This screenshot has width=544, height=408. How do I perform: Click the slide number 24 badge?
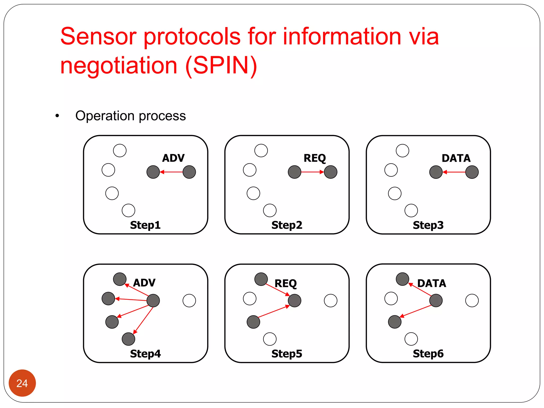[22, 383]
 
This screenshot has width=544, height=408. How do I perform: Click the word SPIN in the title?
[221, 66]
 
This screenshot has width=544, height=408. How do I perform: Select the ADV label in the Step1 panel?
[173, 158]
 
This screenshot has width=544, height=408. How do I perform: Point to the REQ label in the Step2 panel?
[315, 158]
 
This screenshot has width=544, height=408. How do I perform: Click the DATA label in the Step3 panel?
[456, 158]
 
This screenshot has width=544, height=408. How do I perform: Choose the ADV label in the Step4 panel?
[144, 283]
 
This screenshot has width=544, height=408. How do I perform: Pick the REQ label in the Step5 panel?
[286, 283]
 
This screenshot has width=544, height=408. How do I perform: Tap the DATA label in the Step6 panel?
[432, 283]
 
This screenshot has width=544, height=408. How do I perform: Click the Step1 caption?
[145, 225]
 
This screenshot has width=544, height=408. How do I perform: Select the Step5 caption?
[287, 354]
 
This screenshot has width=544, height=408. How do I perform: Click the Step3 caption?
[428, 225]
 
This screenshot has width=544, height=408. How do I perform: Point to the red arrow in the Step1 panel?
[171, 172]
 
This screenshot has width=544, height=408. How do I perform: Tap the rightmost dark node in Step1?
[189, 172]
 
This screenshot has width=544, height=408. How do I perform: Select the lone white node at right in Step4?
[189, 301]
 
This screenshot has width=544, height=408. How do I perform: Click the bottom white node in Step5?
[270, 339]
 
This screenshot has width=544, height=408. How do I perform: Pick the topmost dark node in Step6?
[402, 279]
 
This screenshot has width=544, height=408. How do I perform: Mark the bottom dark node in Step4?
[129, 339]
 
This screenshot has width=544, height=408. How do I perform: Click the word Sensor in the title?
[99, 36]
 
